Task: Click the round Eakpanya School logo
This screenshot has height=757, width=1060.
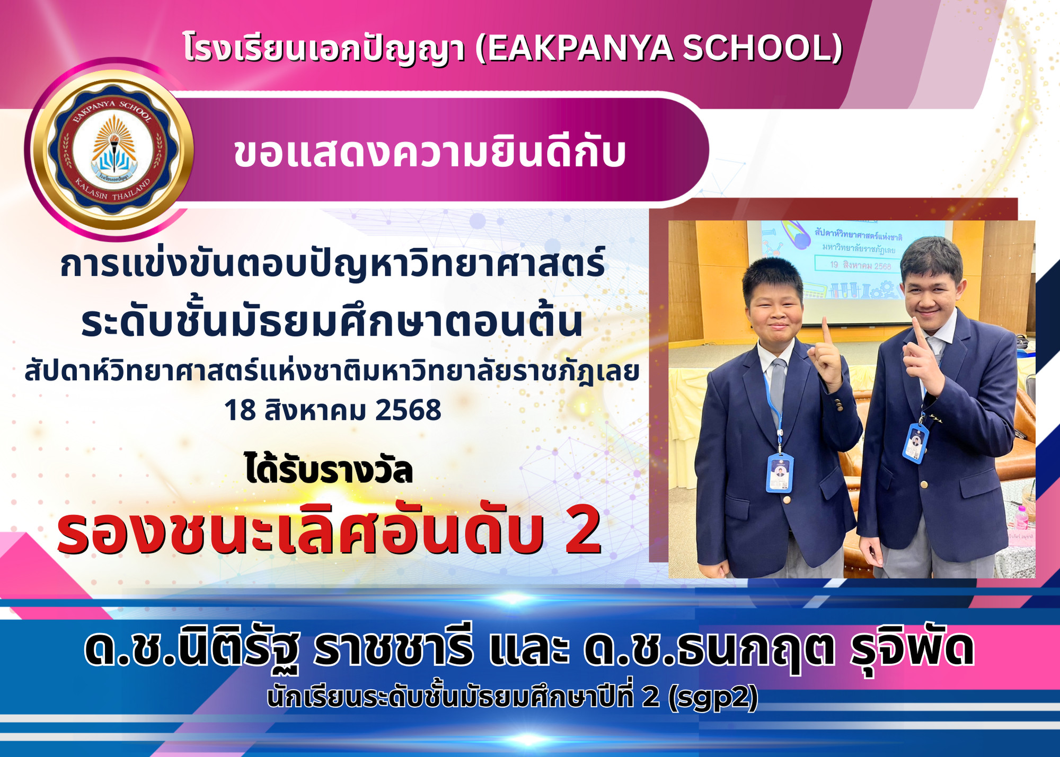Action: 112,151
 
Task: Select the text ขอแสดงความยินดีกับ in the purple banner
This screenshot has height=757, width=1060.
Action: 430,152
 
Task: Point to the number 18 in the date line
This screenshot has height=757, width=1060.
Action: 241,410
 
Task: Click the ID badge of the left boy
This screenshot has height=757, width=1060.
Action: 780,473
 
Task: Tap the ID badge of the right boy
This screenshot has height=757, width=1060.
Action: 916,443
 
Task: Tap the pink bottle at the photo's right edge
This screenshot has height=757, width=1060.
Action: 1021,517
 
